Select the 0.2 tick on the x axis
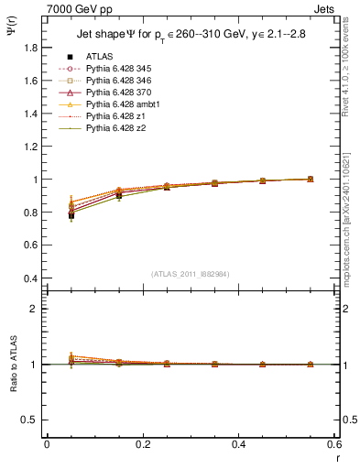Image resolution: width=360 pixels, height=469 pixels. point(142,444)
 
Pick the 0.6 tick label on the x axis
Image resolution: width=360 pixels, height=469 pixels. point(333,444)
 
